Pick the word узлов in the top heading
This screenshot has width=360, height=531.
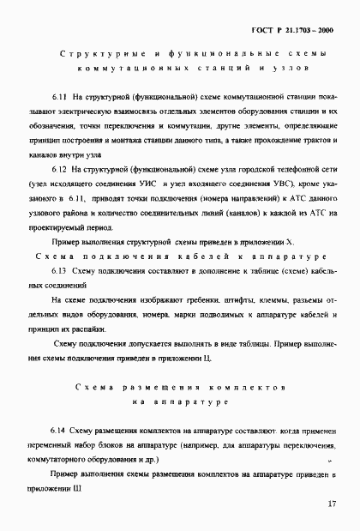point(271,68)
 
